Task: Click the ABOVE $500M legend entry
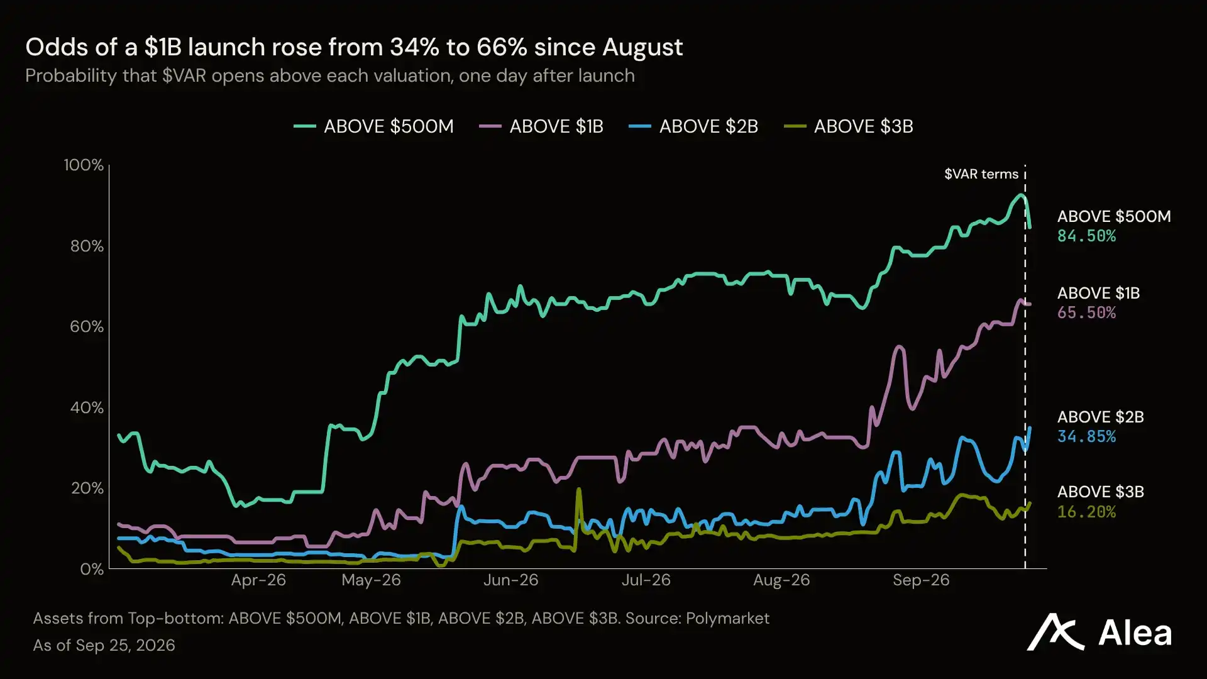(x=373, y=126)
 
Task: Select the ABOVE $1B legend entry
(x=541, y=126)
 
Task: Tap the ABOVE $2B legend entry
(x=693, y=126)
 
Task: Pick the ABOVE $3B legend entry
(x=849, y=126)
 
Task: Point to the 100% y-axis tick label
(x=84, y=165)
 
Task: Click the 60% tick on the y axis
(x=87, y=326)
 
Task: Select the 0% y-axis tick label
(x=92, y=569)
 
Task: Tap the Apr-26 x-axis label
(x=258, y=580)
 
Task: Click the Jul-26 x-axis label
(x=646, y=580)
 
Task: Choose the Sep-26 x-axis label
(x=921, y=580)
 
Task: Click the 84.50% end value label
(x=1086, y=236)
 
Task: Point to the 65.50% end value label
(x=1086, y=313)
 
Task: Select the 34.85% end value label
(x=1086, y=437)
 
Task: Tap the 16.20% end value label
(x=1086, y=512)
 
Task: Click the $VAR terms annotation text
(x=981, y=174)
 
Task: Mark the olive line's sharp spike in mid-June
(x=578, y=490)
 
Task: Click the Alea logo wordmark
(x=1135, y=633)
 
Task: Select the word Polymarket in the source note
(x=727, y=619)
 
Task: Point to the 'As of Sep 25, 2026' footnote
(x=104, y=646)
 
